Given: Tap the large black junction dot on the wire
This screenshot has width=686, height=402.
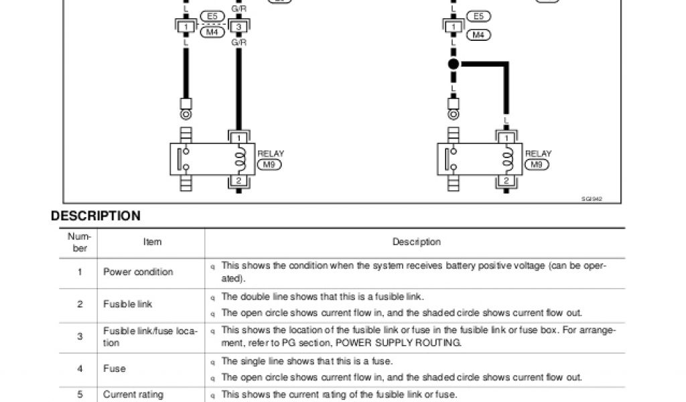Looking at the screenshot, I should coord(453,65).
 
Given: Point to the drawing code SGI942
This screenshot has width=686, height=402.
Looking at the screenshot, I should coord(592,198).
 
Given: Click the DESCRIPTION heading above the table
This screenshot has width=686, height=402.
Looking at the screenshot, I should coord(96,216).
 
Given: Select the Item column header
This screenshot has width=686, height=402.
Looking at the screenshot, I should coord(152,242).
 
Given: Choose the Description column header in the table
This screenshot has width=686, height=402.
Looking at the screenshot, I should coord(416,242).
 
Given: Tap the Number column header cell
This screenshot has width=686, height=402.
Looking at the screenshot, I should coord(80,242).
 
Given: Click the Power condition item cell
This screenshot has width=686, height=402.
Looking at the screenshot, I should coord(138,272).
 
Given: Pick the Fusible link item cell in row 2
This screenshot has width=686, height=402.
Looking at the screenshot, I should coord(128,304).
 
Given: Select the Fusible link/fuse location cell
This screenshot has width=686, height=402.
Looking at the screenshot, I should coord(150,336).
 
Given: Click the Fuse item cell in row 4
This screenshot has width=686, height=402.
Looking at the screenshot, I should coord(115,368).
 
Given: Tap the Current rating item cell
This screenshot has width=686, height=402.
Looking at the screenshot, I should coord(133,395).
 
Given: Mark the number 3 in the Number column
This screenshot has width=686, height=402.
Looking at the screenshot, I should coord(80,336).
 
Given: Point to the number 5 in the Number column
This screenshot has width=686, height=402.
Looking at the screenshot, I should coord(80,395).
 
